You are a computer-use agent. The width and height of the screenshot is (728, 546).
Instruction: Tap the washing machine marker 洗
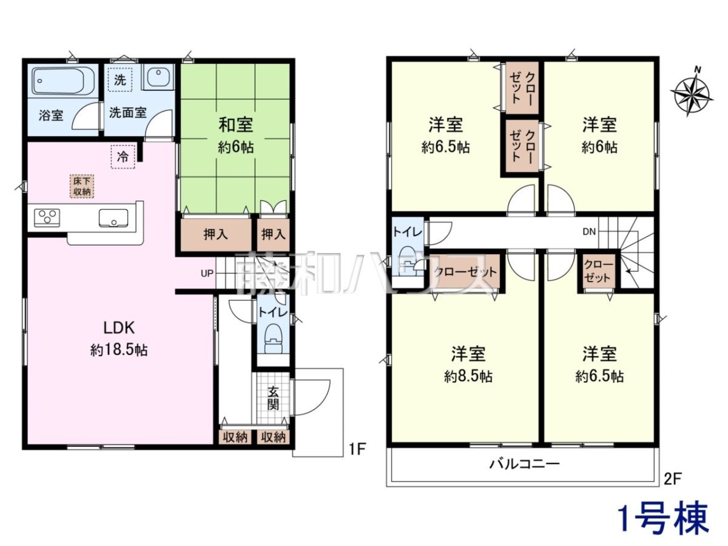click(x=120, y=80)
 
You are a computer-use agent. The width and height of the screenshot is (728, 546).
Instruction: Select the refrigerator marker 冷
click(x=123, y=157)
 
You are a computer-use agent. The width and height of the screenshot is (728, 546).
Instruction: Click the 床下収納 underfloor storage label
click(x=81, y=186)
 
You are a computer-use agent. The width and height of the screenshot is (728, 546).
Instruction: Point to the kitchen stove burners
click(x=47, y=218)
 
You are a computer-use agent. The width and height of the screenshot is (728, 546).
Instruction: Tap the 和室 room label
click(x=236, y=125)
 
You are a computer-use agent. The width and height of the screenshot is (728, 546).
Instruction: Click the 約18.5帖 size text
click(x=119, y=350)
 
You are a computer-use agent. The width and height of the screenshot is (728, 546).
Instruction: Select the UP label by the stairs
click(x=207, y=274)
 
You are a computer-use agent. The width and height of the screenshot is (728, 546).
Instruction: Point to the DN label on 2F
click(x=589, y=232)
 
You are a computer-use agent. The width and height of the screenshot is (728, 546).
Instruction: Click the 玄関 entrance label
click(x=273, y=399)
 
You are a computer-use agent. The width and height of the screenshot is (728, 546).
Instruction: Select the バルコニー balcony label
click(x=525, y=463)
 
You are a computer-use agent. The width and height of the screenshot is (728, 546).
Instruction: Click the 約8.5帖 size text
click(x=468, y=377)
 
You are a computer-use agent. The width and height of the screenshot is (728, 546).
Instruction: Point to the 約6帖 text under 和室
click(x=236, y=147)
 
